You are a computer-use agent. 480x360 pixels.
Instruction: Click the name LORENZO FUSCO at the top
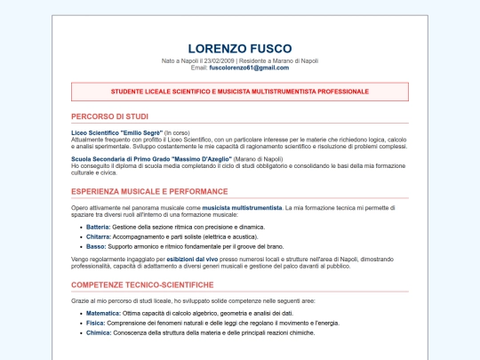tap(239, 48)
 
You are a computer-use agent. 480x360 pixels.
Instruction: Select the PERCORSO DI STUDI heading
tap(110, 116)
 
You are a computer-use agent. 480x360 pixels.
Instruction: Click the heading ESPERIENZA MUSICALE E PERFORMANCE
tap(149, 191)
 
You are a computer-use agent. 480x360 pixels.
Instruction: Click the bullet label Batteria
tap(98, 228)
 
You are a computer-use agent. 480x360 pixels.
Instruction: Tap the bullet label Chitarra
tap(98, 236)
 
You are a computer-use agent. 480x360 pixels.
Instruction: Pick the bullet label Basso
tap(96, 246)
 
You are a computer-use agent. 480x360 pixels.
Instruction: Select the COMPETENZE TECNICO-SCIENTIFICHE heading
tap(142, 284)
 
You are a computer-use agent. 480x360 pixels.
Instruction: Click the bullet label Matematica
tap(103, 314)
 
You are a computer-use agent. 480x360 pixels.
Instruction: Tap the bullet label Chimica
tap(98, 332)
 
